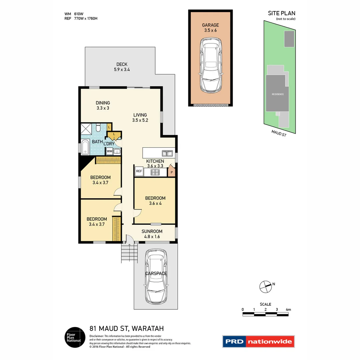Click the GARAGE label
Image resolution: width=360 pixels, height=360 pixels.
[x=210, y=25]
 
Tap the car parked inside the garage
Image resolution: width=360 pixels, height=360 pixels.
[x=210, y=65]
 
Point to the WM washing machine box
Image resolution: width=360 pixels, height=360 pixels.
[x=109, y=151]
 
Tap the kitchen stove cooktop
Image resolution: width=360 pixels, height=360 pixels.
[x=155, y=172]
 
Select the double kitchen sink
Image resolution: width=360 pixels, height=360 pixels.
[x=167, y=153]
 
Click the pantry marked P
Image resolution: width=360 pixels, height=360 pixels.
[x=172, y=172]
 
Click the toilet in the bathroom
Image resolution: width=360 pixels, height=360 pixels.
[x=98, y=128]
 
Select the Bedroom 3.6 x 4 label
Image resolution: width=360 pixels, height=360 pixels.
[x=155, y=201]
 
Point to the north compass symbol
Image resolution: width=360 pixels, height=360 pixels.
[x=265, y=286]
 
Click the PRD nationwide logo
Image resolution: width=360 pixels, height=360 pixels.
[x=258, y=341]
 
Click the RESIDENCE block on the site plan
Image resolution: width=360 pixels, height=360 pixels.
[x=277, y=94]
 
